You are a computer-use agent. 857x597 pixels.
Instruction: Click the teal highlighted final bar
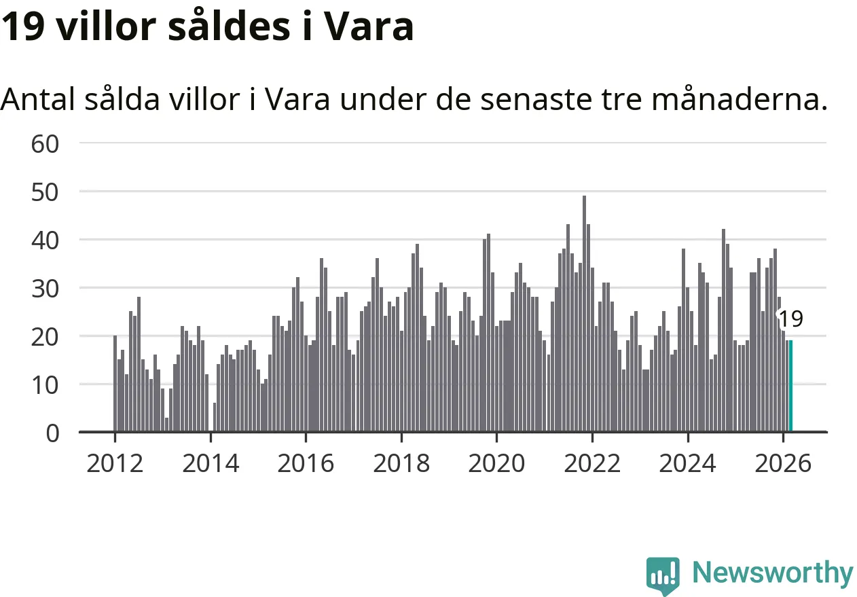790,386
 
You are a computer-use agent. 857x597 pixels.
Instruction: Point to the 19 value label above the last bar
790,319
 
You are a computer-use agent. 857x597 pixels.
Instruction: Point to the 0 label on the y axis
53,433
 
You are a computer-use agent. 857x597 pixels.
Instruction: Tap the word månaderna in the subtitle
740,100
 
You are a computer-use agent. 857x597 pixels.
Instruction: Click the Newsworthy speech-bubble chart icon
663,575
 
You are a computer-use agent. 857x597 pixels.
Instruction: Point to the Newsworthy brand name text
773,573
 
